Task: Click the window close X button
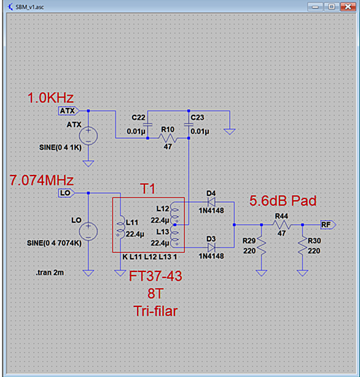[348, 7]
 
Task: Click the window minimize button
[315, 7]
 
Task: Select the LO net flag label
[66, 193]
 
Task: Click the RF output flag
[328, 225]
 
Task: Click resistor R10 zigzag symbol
[168, 138]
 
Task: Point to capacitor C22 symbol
[147, 125]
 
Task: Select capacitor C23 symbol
[189, 125]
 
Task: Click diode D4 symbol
[211, 202]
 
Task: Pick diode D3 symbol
[211, 247]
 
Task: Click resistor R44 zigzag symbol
[282, 225]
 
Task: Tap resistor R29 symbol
[262, 245]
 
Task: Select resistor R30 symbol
[302, 245]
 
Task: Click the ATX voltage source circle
[88, 136]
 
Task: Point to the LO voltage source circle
[88, 231]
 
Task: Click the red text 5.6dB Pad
[283, 201]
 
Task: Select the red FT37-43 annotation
[155, 276]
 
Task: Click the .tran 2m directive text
[50, 273]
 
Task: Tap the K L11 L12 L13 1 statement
[150, 257]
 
